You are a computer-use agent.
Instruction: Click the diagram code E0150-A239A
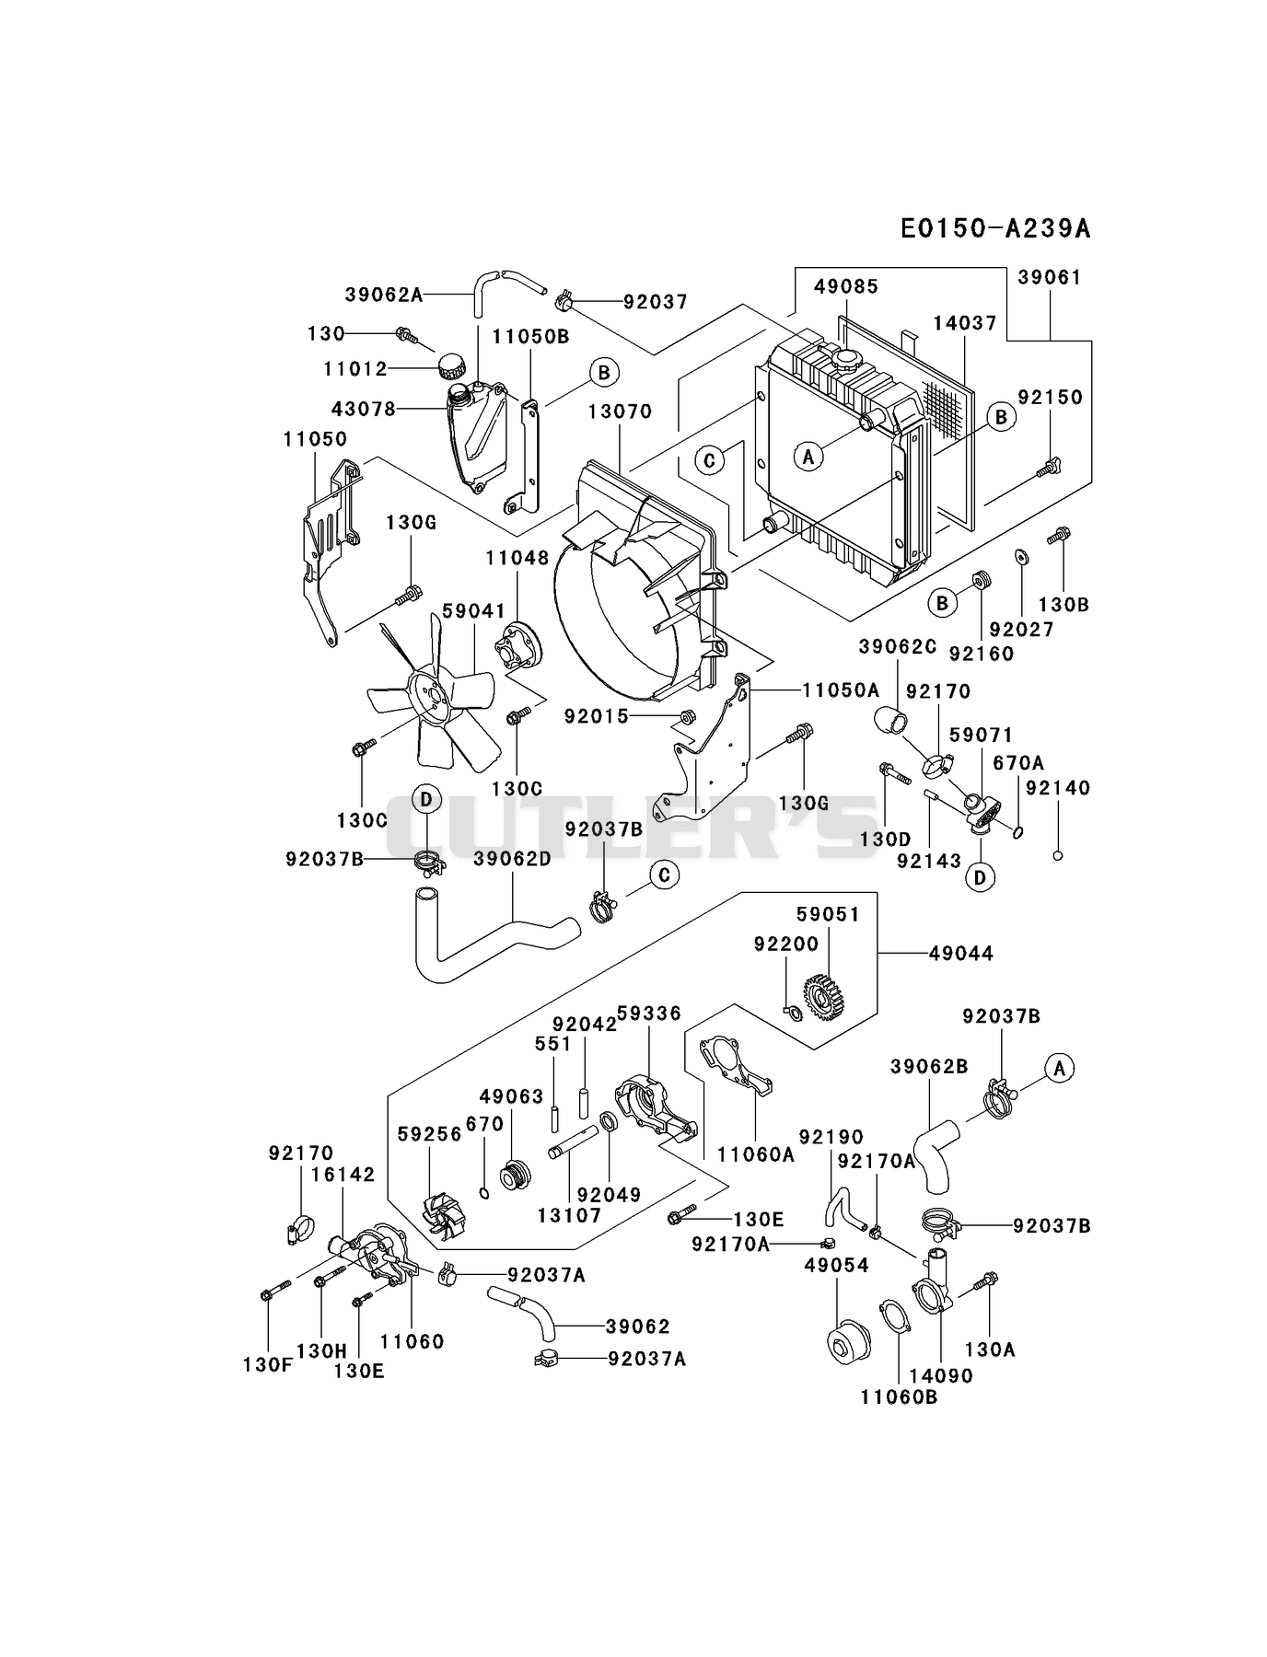(x=995, y=228)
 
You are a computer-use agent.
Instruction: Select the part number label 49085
(x=846, y=286)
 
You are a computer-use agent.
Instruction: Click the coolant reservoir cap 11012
(x=452, y=365)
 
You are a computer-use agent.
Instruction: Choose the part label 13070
(x=620, y=411)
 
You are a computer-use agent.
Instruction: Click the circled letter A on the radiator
(x=808, y=456)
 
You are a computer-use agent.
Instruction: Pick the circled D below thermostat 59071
(x=979, y=877)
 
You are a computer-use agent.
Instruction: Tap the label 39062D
(x=512, y=859)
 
